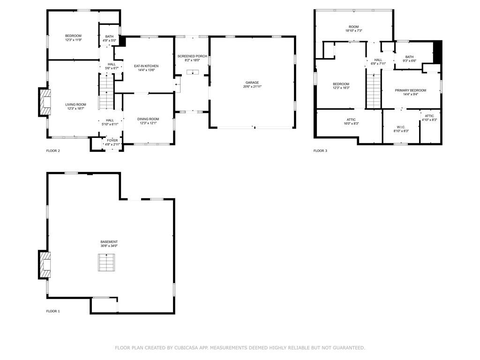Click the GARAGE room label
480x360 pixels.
click(x=252, y=82)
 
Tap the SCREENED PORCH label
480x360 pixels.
click(x=192, y=56)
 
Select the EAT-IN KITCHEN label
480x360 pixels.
click(x=146, y=66)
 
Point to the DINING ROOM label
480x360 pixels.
click(x=148, y=119)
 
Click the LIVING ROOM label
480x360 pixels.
click(x=75, y=105)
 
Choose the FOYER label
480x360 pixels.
click(x=112, y=141)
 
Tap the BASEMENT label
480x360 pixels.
click(x=109, y=242)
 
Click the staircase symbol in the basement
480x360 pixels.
click(x=106, y=262)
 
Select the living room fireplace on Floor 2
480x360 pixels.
click(x=45, y=102)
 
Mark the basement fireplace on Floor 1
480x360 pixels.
click(x=45, y=265)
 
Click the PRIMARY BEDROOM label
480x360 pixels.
click(x=411, y=90)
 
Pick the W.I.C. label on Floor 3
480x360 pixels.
click(x=401, y=127)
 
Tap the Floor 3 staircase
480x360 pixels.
click(x=374, y=91)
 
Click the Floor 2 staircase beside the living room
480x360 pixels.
click(x=106, y=91)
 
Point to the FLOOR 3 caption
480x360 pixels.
click(x=320, y=150)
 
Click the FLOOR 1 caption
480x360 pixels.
click(x=53, y=311)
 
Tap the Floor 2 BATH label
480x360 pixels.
click(x=109, y=37)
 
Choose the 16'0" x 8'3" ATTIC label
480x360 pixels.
click(x=351, y=121)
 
